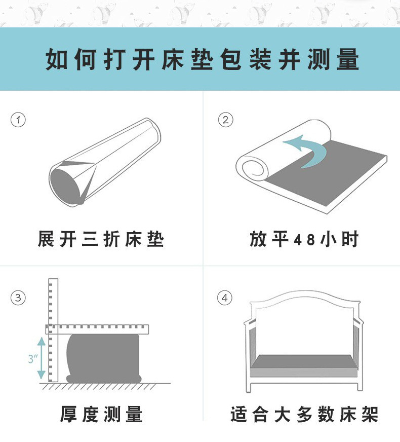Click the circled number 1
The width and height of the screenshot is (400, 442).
tap(18, 120)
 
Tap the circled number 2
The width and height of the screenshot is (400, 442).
tap(225, 120)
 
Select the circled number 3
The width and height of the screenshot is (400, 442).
tap(18, 298)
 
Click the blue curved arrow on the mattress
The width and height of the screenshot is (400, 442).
tap(308, 150)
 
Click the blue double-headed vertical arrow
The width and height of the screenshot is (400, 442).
tap(42, 358)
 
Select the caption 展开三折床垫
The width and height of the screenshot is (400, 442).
tap(101, 239)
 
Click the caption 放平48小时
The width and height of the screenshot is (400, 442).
tap(304, 239)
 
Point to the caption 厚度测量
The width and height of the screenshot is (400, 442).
tap(101, 414)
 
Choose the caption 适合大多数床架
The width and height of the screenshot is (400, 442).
tap(304, 414)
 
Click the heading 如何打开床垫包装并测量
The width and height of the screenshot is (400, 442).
tap(203, 59)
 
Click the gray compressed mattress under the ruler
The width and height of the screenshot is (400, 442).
tap(104, 357)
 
